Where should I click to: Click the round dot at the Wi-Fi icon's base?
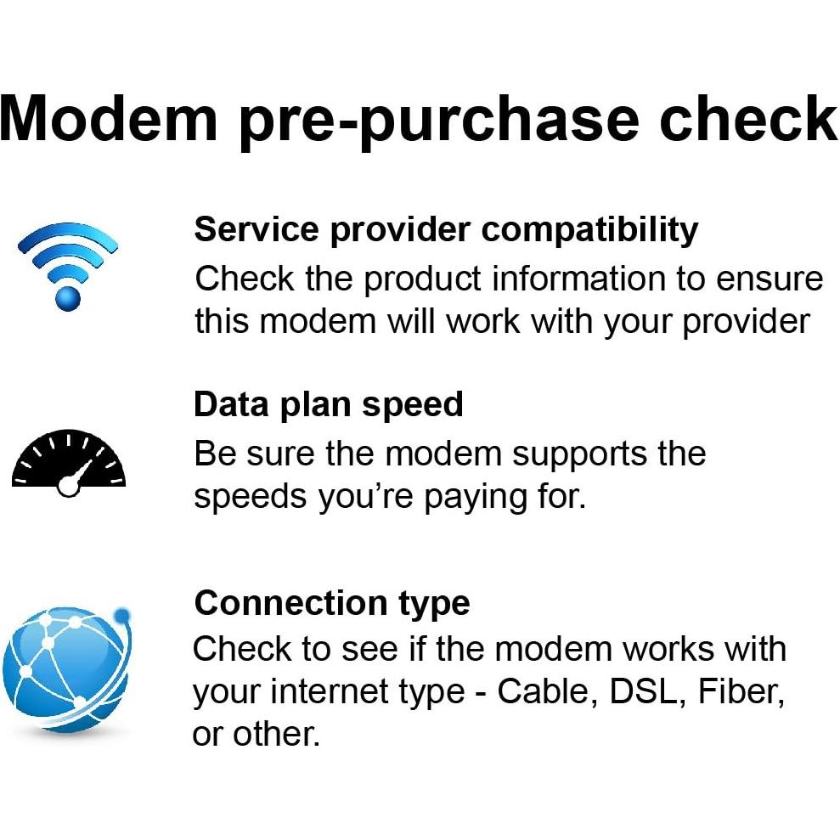pyautogui.click(x=68, y=296)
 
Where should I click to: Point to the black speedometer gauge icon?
pyautogui.click(x=69, y=463)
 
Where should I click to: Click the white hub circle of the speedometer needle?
pyautogui.click(x=68, y=487)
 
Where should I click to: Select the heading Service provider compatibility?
pyautogui.click(x=446, y=229)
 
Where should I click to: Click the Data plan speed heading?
pyautogui.click(x=329, y=404)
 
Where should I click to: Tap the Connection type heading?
pyautogui.click(x=332, y=603)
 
